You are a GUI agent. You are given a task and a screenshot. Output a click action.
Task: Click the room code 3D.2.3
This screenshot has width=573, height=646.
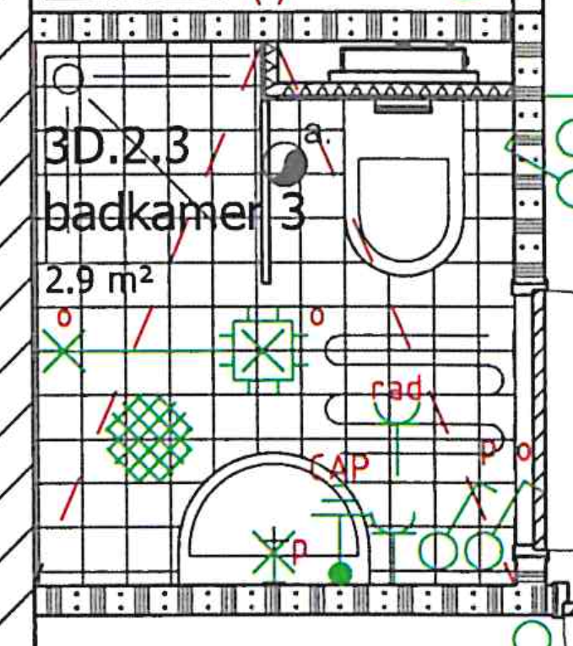116,148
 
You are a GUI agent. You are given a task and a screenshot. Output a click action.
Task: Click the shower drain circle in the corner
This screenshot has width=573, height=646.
67,80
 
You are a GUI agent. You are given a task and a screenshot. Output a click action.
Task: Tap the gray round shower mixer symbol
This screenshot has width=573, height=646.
286,163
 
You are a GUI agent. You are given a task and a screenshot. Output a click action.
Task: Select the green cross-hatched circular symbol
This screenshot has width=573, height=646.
149,437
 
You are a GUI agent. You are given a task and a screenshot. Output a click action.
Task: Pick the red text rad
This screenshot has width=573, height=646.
396,390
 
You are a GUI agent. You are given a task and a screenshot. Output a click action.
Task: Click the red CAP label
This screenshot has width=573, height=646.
339,466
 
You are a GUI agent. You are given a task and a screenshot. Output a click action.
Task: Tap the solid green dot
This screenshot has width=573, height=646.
339,573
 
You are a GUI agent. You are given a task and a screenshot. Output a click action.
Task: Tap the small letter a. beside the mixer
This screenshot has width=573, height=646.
314,132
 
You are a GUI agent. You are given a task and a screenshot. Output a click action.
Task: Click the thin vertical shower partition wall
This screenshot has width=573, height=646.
266,169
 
